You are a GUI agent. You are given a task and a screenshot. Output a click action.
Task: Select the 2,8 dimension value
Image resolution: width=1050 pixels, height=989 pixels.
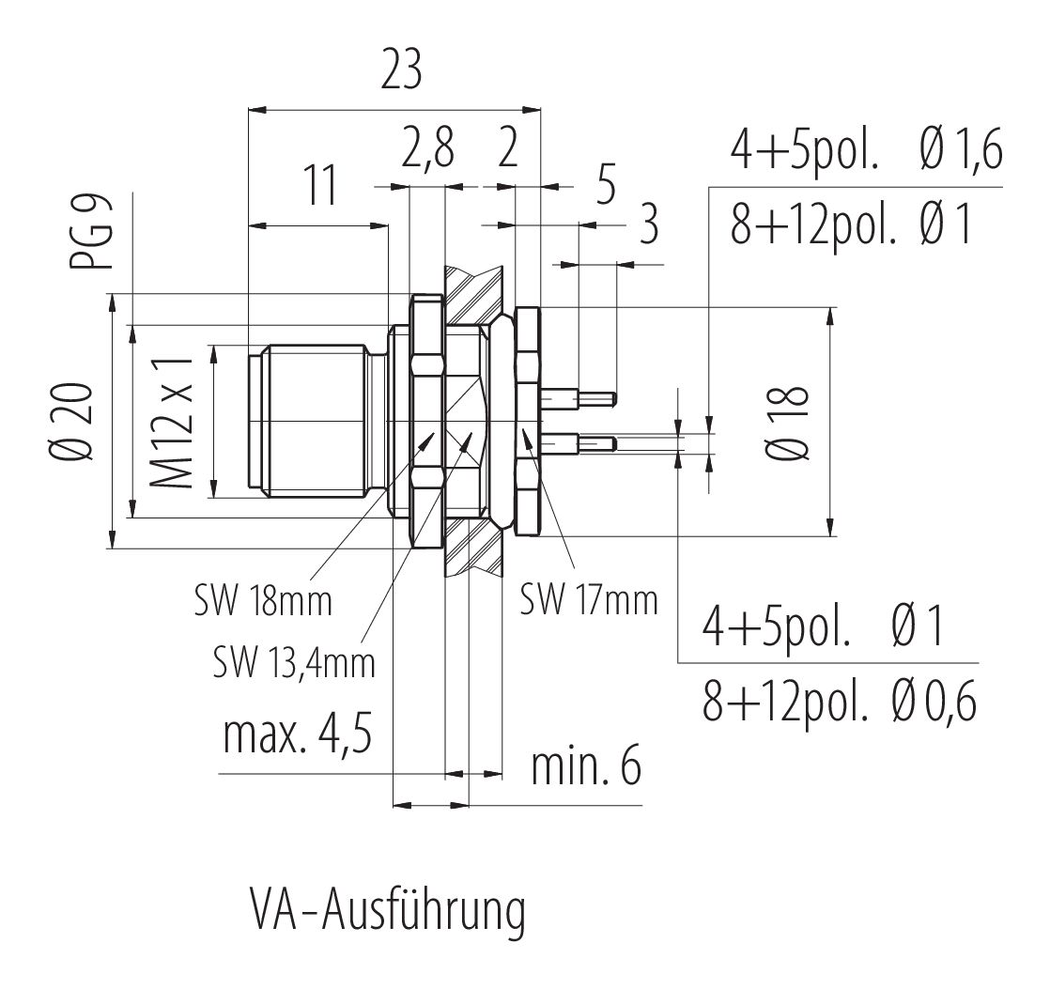[427, 150]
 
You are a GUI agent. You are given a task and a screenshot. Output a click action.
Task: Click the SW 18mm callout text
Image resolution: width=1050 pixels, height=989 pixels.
[263, 601]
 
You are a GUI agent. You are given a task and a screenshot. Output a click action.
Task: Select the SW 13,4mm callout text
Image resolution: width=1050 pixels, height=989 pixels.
[293, 663]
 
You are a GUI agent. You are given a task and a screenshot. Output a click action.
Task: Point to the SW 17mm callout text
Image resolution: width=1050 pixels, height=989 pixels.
[589, 598]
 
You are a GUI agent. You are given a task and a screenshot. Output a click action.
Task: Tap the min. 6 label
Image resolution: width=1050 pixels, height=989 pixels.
[586, 768]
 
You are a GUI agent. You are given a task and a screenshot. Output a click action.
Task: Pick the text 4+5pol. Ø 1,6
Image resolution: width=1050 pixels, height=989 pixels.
[866, 150]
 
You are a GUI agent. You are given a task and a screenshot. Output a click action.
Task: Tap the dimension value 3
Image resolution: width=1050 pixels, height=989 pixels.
[648, 227]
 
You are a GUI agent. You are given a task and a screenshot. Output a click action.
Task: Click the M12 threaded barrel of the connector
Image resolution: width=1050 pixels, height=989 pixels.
[315, 423]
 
